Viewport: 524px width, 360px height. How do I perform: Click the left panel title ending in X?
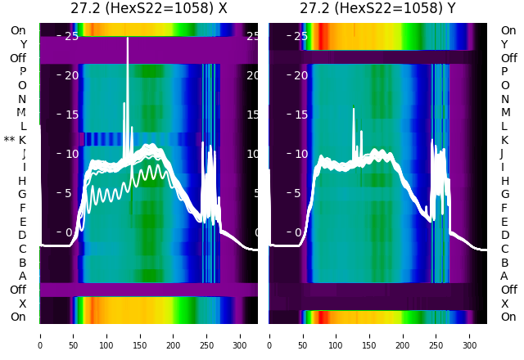[148, 9]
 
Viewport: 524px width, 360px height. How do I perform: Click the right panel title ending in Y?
[377, 9]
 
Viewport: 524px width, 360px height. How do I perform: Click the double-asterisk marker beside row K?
[9, 140]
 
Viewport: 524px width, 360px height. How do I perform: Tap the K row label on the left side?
[23, 140]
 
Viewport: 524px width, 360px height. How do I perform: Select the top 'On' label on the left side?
[18, 30]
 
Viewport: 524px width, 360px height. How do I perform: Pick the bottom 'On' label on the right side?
[508, 317]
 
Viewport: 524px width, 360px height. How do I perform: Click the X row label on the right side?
[504, 304]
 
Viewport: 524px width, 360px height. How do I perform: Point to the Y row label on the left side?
[23, 44]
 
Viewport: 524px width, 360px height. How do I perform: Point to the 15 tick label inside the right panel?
[300, 115]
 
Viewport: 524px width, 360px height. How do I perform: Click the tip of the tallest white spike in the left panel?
[128, 38]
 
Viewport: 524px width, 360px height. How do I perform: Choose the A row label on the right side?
[504, 276]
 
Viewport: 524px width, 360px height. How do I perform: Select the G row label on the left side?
[22, 194]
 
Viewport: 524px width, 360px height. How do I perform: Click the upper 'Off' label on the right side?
[508, 58]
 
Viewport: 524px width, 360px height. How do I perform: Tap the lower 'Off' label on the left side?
[18, 290]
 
